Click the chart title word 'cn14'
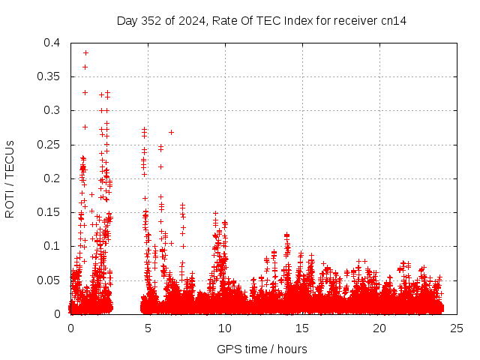click(394, 20)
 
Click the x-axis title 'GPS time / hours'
click(262, 349)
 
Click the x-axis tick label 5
click(148, 328)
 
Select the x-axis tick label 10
click(225, 328)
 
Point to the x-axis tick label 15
click(302, 328)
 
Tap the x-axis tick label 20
click(379, 328)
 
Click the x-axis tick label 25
click(457, 328)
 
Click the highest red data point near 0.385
click(85, 52)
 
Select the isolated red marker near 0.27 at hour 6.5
click(171, 132)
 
